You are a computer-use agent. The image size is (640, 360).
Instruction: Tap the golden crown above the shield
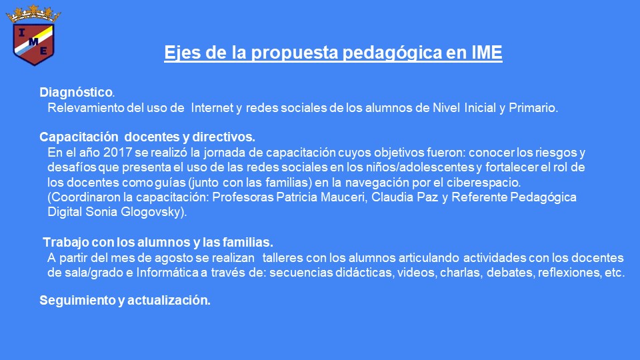(x=33, y=14)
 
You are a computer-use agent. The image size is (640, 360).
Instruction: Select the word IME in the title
(x=487, y=52)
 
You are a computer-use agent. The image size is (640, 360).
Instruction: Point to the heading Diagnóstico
(x=76, y=93)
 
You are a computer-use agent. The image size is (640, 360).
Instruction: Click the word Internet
(x=211, y=108)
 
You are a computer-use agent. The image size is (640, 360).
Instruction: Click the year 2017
(x=117, y=152)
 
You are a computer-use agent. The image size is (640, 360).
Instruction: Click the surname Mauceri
(x=343, y=197)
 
